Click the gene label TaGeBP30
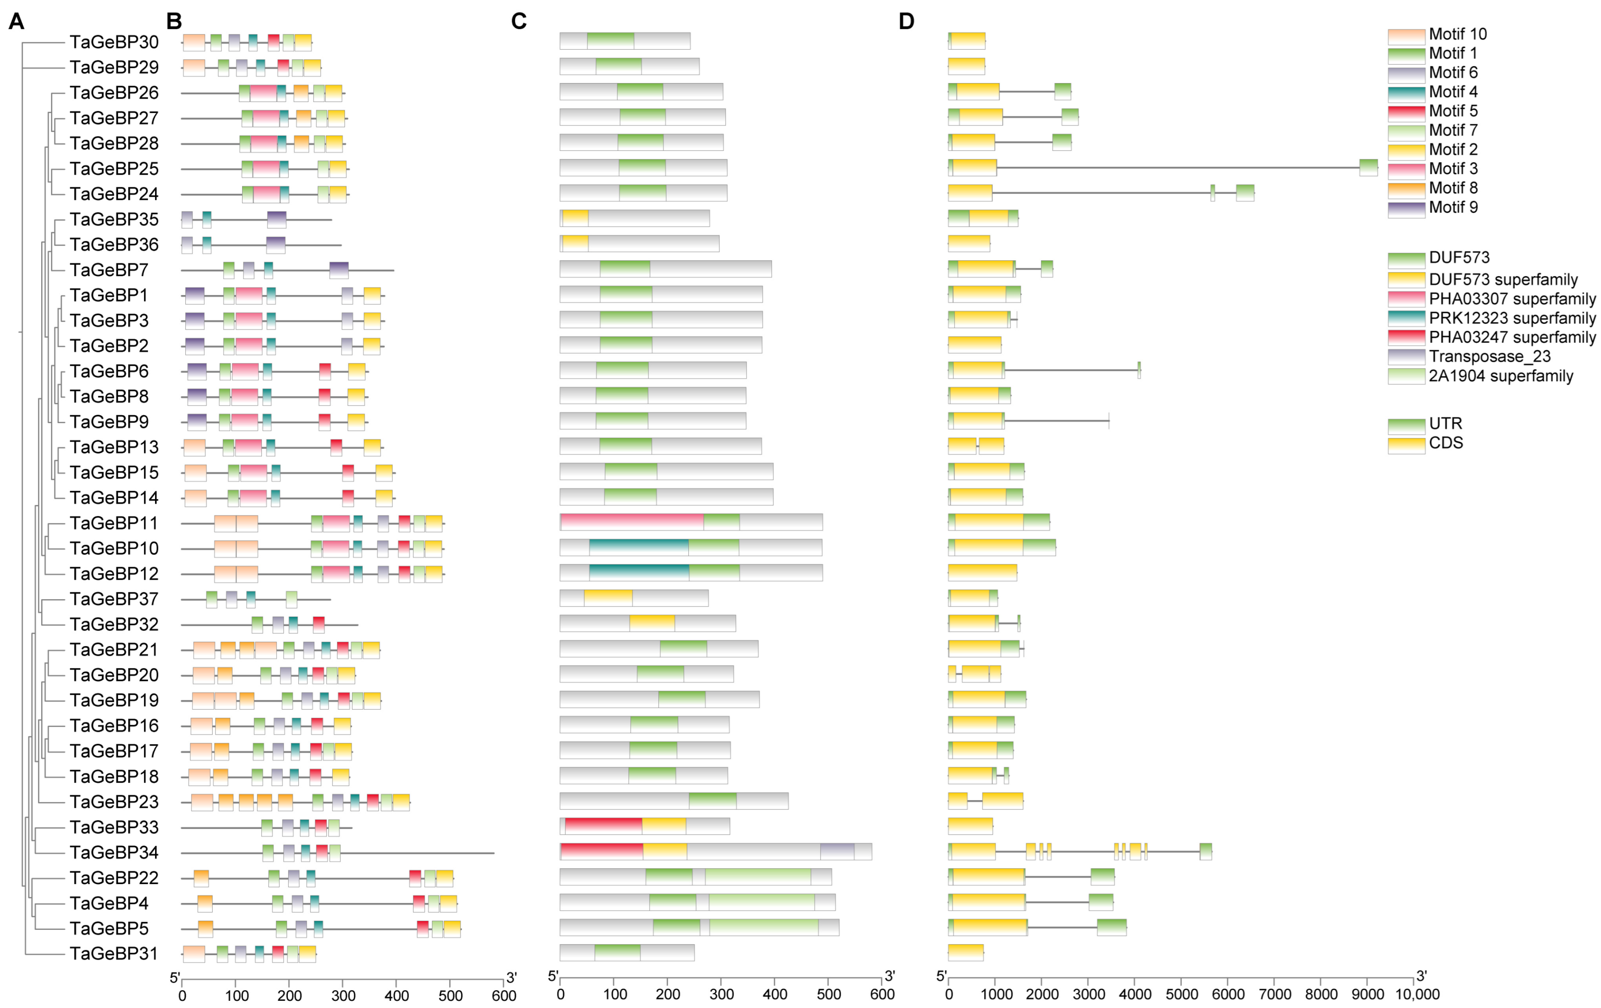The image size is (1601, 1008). click(x=114, y=42)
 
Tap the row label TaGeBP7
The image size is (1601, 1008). click(x=108, y=270)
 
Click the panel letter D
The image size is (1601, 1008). click(x=906, y=21)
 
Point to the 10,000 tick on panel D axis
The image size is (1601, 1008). click(x=1417, y=994)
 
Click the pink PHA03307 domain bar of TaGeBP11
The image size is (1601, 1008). click(x=632, y=522)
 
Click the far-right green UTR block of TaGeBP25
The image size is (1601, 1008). click(x=1368, y=168)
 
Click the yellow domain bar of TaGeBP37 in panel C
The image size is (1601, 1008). click(x=608, y=598)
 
